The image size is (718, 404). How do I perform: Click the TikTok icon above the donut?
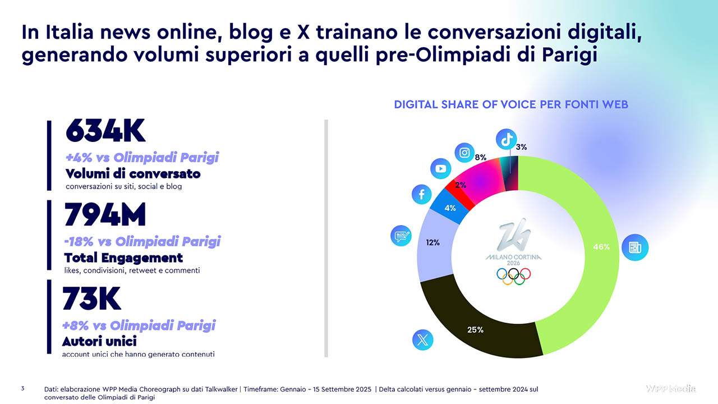click(506, 140)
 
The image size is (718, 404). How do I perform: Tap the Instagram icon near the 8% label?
click(464, 153)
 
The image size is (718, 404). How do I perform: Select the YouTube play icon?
click(441, 168)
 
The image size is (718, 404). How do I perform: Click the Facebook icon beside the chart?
click(421, 194)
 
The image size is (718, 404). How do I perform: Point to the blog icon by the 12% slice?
click(401, 236)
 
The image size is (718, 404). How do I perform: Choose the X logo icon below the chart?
click(422, 340)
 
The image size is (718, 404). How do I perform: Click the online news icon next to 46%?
click(634, 247)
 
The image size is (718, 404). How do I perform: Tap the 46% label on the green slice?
click(601, 247)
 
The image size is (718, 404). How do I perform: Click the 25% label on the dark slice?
click(475, 329)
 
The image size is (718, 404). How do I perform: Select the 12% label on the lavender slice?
click(432, 243)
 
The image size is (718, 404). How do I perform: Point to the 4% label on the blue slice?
click(450, 208)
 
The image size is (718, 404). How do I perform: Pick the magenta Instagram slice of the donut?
click(479, 181)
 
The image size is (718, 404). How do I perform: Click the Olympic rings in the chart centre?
click(513, 276)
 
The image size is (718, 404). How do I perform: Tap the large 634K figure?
click(105, 131)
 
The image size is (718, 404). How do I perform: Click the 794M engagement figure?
click(105, 214)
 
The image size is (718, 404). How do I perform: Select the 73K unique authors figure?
click(91, 299)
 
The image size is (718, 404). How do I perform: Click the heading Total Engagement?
click(123, 258)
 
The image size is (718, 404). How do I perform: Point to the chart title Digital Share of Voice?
click(511, 104)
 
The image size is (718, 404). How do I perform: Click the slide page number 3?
click(23, 389)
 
